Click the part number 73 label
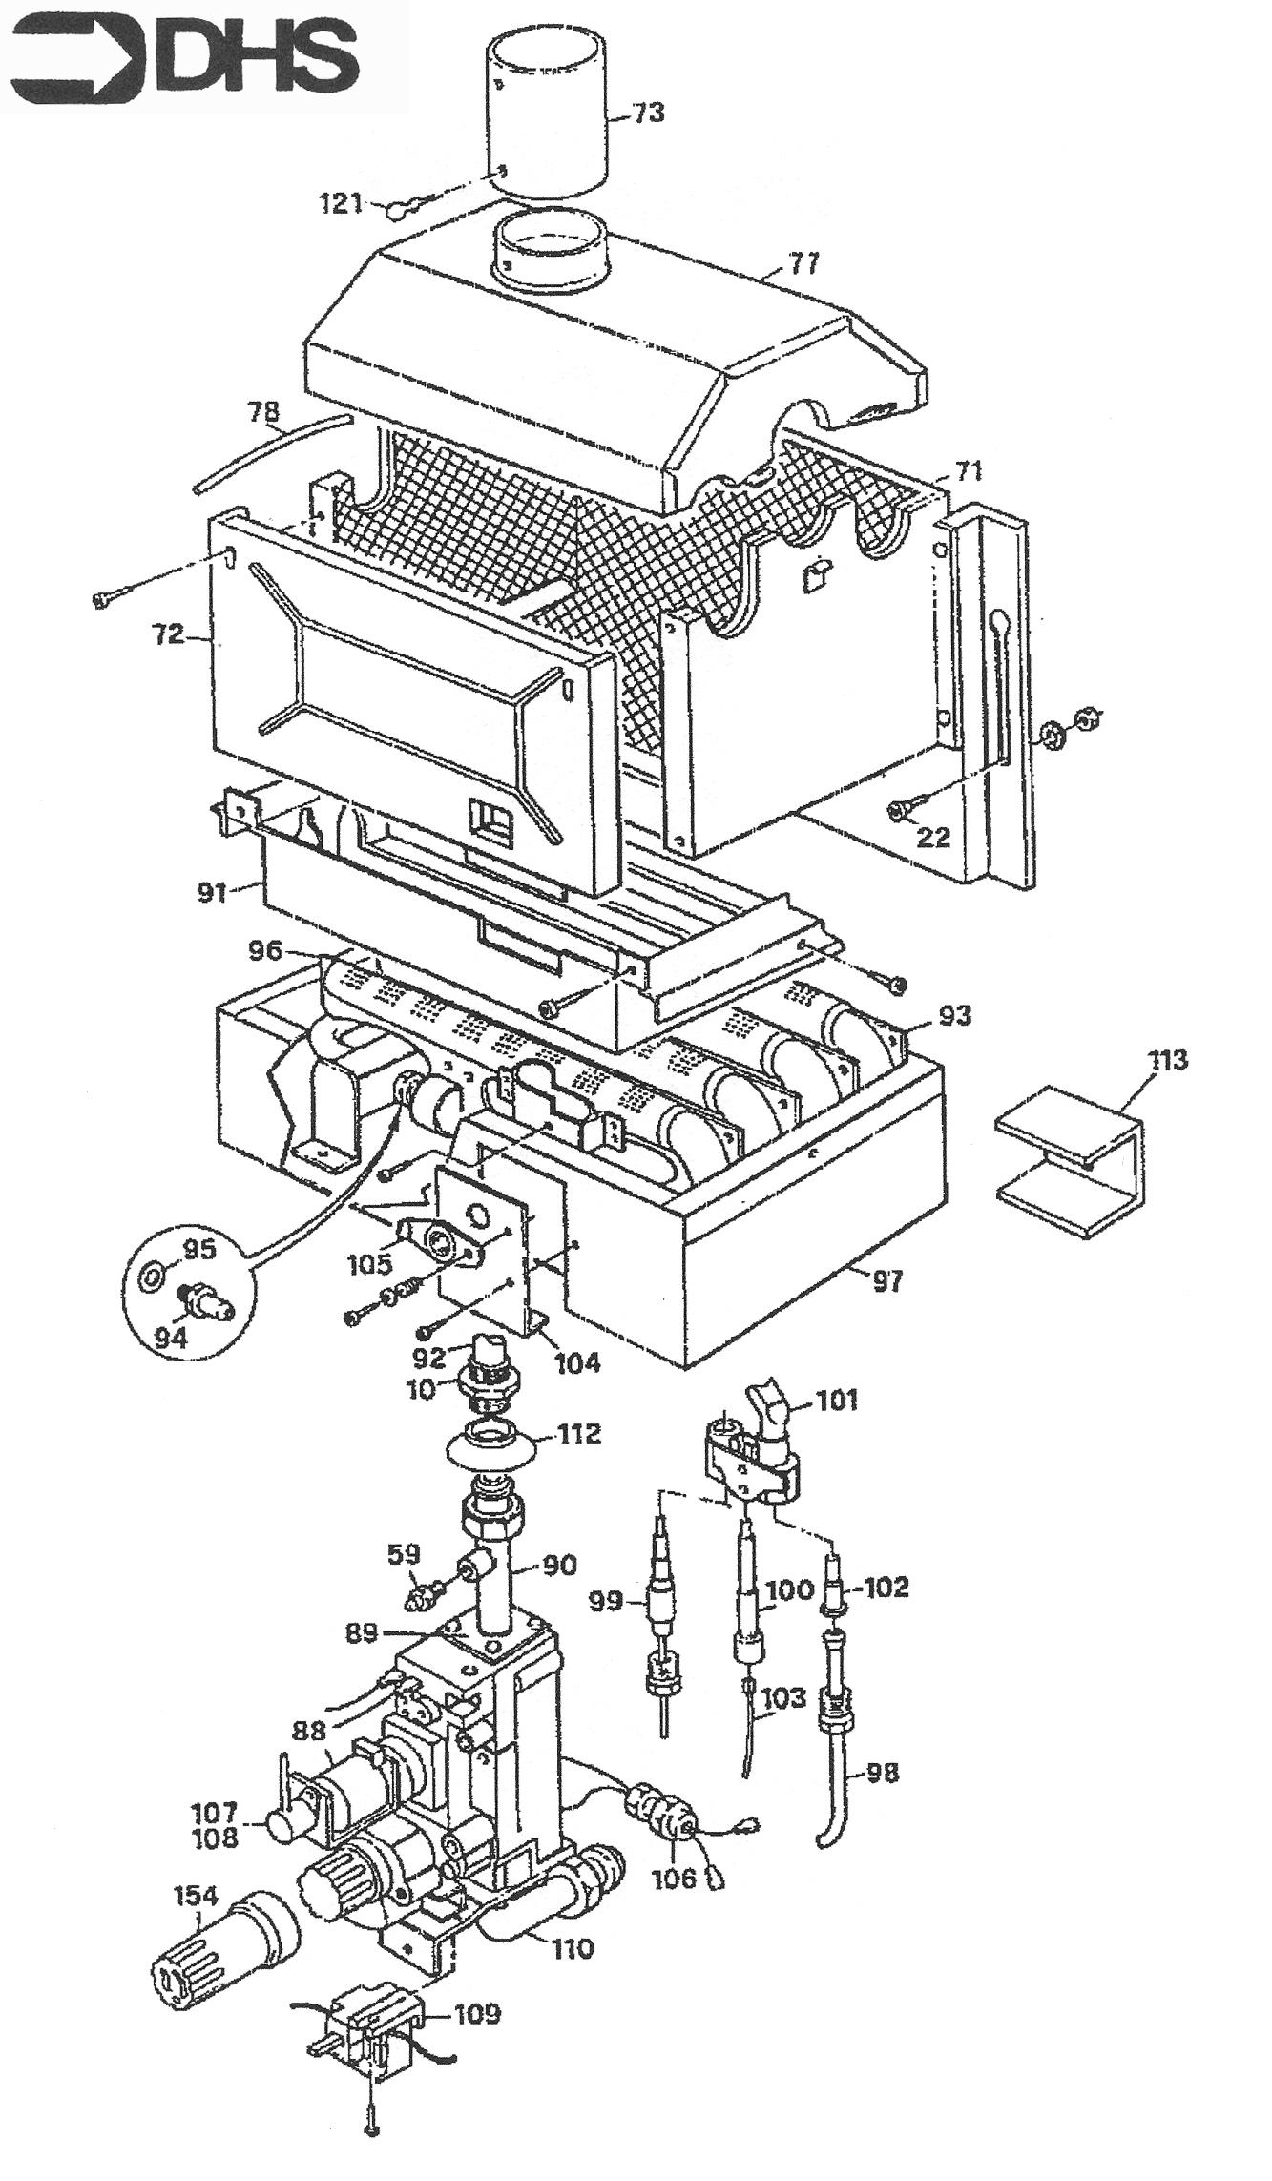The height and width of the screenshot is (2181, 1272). point(647,114)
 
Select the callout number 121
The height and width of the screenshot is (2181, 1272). point(341,203)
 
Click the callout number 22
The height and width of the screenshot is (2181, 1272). point(933,836)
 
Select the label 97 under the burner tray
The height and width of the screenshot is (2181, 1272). point(887,1281)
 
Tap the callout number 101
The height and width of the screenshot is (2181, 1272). point(837,1400)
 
